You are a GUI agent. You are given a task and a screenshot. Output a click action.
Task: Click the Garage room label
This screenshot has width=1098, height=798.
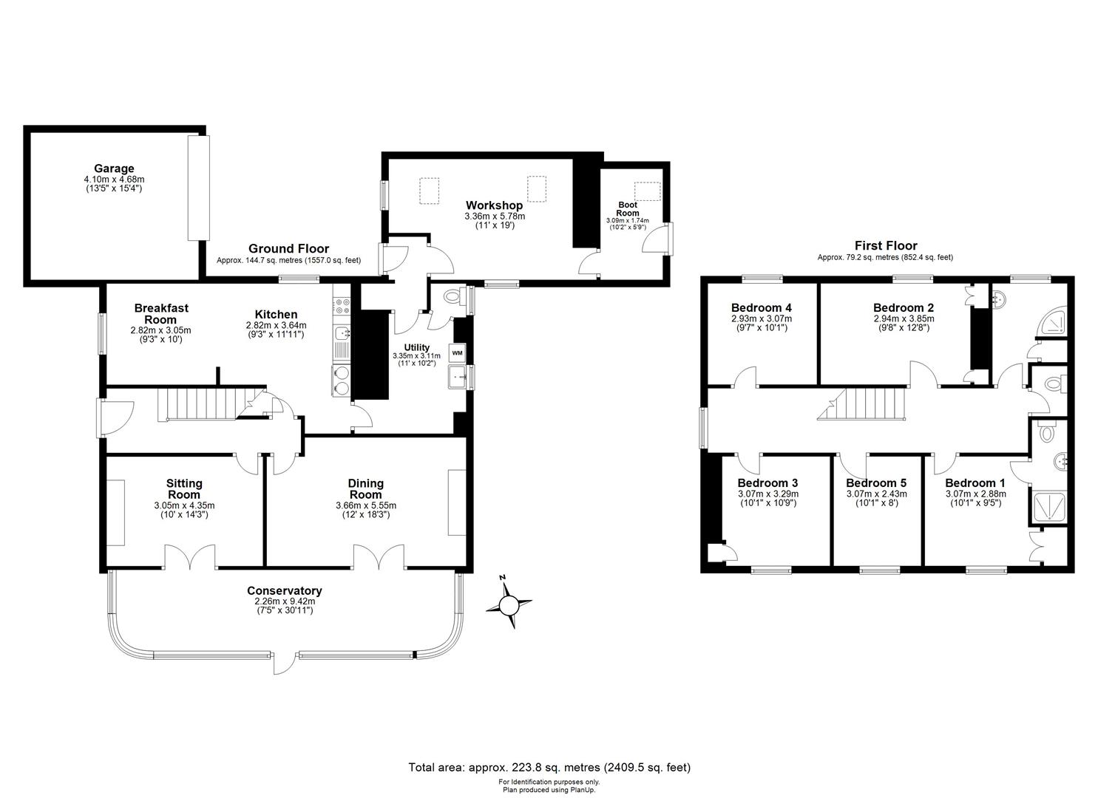(114, 168)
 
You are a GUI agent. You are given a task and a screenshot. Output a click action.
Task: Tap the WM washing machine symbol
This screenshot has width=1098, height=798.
(457, 352)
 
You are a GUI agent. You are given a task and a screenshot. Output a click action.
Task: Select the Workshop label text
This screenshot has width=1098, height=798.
(494, 205)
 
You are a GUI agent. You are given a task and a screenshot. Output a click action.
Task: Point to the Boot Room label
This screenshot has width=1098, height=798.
(628, 208)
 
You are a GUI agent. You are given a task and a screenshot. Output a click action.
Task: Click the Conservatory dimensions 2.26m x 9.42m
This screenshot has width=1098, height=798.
(285, 601)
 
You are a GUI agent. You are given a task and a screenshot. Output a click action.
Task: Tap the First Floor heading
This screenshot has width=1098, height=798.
(886, 245)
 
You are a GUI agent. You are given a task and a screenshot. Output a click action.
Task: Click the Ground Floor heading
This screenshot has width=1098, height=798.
(288, 248)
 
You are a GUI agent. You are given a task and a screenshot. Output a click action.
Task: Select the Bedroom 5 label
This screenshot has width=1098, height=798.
(876, 483)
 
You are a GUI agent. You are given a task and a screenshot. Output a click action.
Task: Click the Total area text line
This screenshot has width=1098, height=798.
(549, 767)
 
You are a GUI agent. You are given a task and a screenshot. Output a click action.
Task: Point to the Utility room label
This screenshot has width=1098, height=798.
(417, 347)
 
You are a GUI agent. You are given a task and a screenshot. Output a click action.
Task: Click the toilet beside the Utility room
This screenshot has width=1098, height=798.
(453, 296)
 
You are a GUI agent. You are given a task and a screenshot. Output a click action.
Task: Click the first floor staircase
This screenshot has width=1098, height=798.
(862, 404)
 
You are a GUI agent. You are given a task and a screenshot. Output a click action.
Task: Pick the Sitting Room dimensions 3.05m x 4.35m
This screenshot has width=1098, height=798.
(184, 505)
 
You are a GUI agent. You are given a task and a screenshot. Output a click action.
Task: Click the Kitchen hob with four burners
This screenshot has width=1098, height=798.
(342, 306)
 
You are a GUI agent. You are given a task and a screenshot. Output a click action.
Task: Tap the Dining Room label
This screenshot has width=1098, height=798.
(366, 489)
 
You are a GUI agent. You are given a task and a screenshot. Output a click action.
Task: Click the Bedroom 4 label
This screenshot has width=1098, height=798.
(762, 307)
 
